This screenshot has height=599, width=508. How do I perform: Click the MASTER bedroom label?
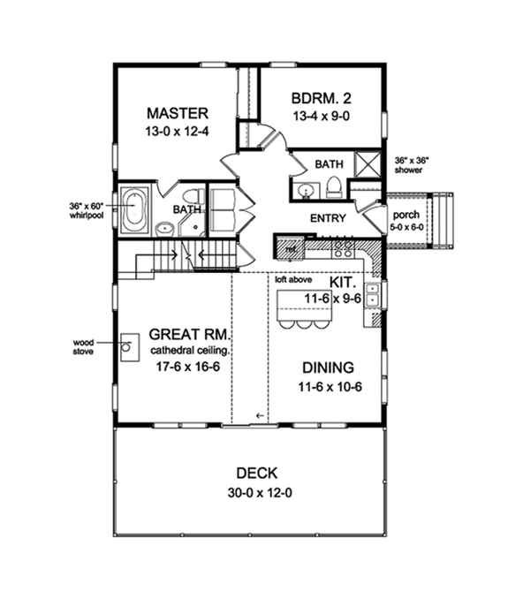coord(177,113)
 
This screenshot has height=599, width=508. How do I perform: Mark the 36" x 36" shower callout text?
coord(413,165)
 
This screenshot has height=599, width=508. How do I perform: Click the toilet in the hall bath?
coord(335,186)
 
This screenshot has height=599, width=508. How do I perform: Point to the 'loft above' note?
coord(292,278)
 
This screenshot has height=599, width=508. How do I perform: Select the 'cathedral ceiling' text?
coord(190,349)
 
